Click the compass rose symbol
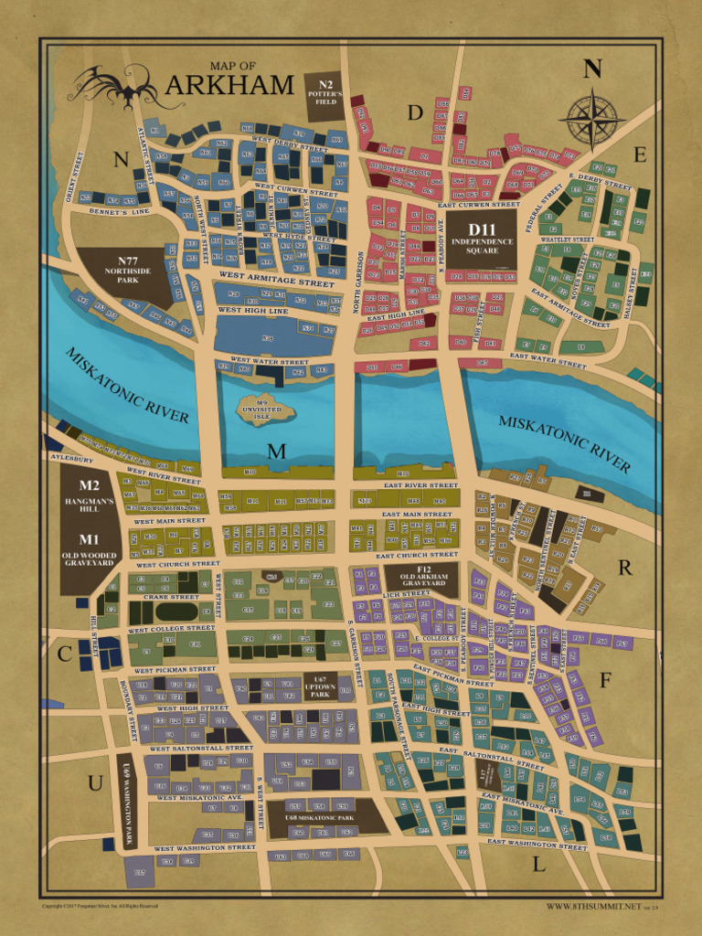pyautogui.click(x=591, y=119)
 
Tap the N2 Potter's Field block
pyautogui.click(x=325, y=95)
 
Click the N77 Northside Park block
pyautogui.click(x=121, y=272)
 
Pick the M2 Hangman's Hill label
pyautogui.click(x=89, y=493)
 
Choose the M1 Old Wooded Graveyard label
pyautogui.click(x=89, y=549)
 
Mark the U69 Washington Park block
pyautogui.click(x=128, y=802)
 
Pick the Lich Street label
pyautogui.click(x=406, y=593)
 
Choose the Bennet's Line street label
pyautogui.click(x=118, y=212)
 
